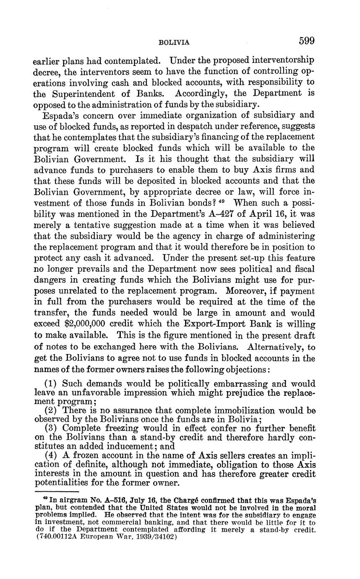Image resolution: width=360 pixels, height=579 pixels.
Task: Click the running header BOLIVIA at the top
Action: coord(175,42)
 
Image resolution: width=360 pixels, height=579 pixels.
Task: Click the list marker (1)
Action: coord(52,384)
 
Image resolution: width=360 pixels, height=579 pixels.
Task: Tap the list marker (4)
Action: coord(52,456)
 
